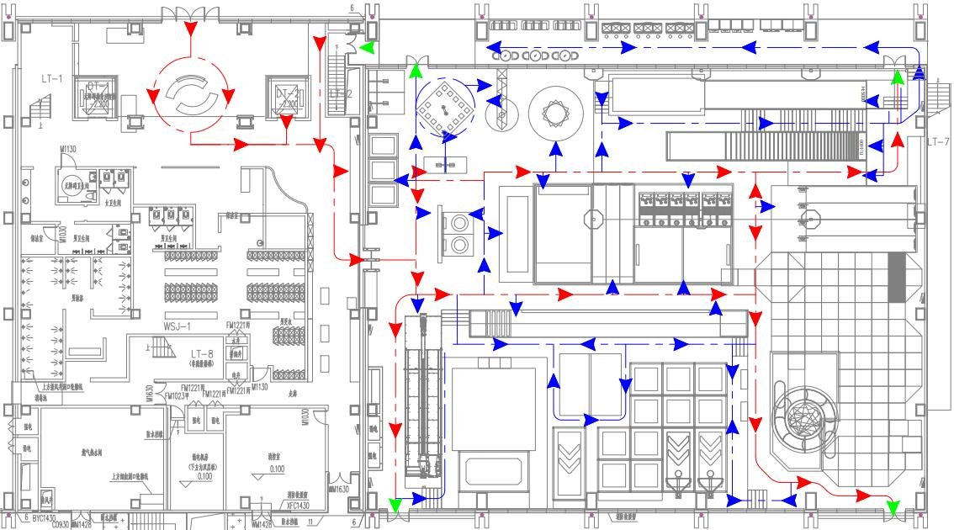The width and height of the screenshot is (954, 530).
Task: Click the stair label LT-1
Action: point(52,78)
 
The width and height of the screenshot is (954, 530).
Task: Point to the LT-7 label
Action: point(939,141)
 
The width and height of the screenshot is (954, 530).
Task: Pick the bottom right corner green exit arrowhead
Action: point(893,508)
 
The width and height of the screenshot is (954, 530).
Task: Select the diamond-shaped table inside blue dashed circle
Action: point(443,108)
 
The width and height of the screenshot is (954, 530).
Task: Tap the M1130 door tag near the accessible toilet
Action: point(69,151)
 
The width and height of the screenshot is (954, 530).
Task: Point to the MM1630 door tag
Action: point(339,489)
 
